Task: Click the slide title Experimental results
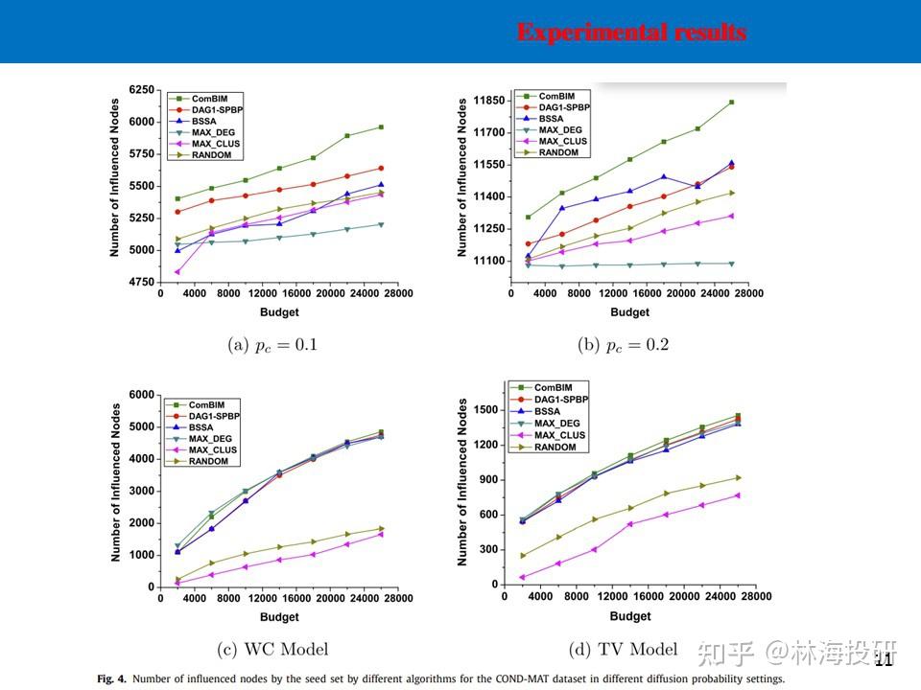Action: (x=631, y=32)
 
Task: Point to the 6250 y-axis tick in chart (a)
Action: (x=140, y=89)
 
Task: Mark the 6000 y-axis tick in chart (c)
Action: (x=140, y=395)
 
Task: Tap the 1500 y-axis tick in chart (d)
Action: (x=488, y=410)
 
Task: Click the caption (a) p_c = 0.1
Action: (x=272, y=345)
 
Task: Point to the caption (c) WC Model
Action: (x=273, y=650)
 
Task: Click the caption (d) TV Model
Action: (x=623, y=650)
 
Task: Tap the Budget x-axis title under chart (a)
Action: (x=279, y=312)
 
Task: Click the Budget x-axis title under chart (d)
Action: (x=629, y=616)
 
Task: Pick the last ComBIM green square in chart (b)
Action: (x=731, y=102)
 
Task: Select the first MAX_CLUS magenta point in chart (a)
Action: (x=177, y=272)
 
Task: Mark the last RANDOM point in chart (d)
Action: (x=738, y=477)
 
